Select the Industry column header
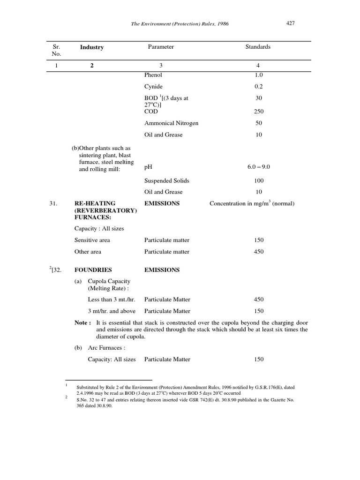(91, 47)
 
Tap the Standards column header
(258, 47)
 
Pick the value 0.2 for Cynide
(258, 87)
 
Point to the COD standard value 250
(258, 112)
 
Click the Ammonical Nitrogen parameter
(171, 123)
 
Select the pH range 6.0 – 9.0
(258, 167)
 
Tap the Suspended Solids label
(167, 180)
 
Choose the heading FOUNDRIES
(93, 270)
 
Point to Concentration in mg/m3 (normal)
(252, 203)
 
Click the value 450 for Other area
(258, 252)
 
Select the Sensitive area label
(92, 240)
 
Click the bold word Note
(82, 323)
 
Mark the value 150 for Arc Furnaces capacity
(258, 360)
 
